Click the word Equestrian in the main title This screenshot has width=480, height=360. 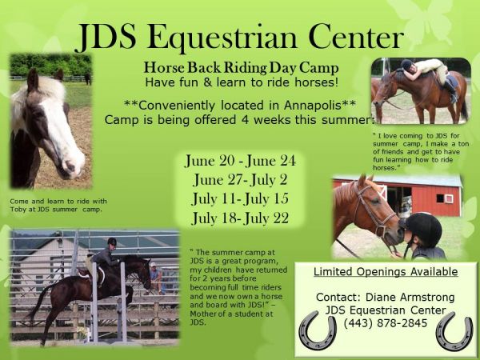click(x=222, y=38)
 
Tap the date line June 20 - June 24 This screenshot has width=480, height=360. click(x=240, y=161)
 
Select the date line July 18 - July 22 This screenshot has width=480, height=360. click(x=240, y=218)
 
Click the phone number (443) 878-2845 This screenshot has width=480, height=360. click(x=386, y=323)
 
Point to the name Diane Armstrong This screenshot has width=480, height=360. click(x=410, y=298)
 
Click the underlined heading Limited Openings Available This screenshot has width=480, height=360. click(x=386, y=272)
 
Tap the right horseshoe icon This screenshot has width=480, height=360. click(x=454, y=331)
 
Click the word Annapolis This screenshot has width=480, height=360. click(x=313, y=106)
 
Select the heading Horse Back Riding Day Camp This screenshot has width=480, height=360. click(x=242, y=68)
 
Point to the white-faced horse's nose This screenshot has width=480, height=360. click(x=72, y=168)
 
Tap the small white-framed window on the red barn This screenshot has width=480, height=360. click(x=445, y=198)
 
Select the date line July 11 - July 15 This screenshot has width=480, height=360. click(x=240, y=199)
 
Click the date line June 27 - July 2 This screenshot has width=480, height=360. click(x=240, y=180)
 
